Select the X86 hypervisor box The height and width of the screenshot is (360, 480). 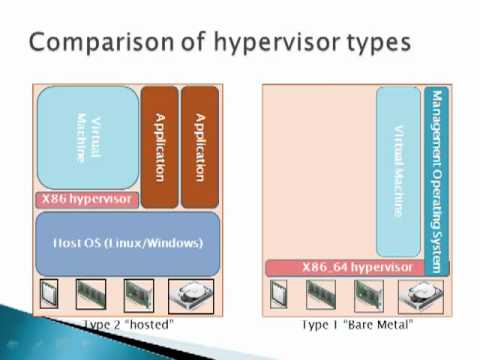point(87,199)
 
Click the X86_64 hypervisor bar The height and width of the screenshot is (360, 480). point(343,267)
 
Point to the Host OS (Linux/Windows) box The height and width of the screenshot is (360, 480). point(127,243)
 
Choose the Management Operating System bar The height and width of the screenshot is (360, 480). point(434,180)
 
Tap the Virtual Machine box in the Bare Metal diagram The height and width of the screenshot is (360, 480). point(398,170)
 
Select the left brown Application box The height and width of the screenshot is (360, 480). point(158,146)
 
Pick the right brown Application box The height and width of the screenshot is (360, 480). point(199,146)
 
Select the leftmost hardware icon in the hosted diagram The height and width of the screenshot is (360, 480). point(51,296)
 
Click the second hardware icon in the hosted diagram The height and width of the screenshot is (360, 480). point(91,296)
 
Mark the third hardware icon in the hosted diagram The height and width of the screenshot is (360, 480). point(137,296)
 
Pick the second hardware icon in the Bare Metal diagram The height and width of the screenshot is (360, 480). point(321,296)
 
